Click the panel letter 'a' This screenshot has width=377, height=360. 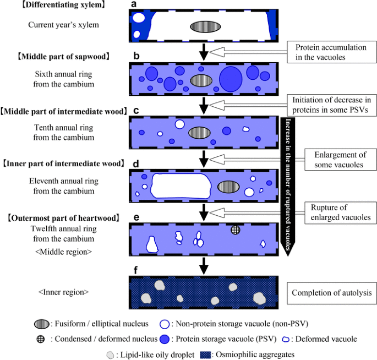point(134,5)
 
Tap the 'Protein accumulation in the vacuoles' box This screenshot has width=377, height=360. point(331,52)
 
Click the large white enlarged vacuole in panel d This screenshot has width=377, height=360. point(181,187)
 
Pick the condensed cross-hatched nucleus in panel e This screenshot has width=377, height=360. point(236,230)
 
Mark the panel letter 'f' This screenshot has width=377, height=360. point(134,271)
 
